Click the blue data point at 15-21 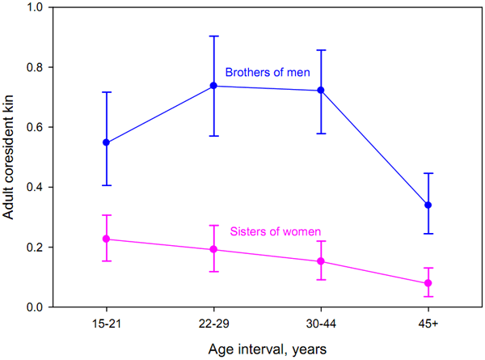click(x=106, y=142)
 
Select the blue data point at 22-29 click(x=213, y=86)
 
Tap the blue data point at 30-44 click(x=321, y=91)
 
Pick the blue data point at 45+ click(x=428, y=205)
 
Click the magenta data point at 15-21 click(x=106, y=239)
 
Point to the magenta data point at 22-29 click(x=213, y=249)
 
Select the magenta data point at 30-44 click(x=321, y=261)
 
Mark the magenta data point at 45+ click(x=428, y=283)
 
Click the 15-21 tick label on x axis click(x=106, y=323)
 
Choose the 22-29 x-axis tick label click(x=213, y=323)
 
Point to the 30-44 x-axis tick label click(x=321, y=323)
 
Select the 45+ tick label click(x=428, y=323)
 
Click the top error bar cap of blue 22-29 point click(x=213, y=36)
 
